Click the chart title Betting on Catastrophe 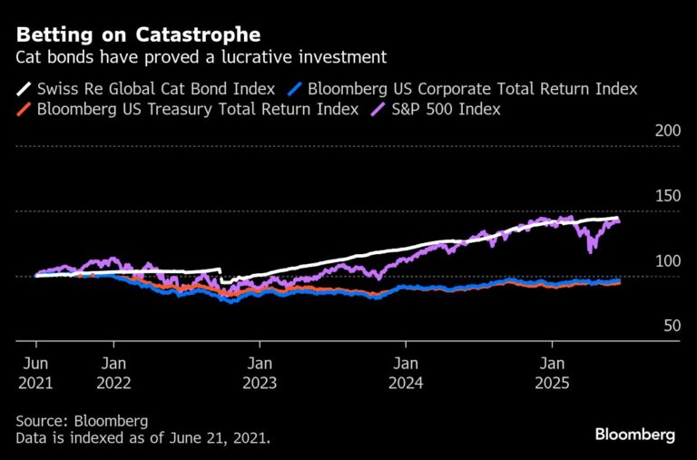coord(139,35)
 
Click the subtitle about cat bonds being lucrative coord(202,57)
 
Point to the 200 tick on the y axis coord(667,132)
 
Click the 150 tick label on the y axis coord(667,197)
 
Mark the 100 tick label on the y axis coord(667,261)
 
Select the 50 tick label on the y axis coord(672,326)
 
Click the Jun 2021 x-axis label coord(35,372)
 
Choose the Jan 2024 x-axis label coord(405,372)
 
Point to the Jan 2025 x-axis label coord(551,372)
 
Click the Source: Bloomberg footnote coord(81,421)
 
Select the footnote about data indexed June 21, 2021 coord(142,437)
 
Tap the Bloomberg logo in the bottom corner coord(634,435)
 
